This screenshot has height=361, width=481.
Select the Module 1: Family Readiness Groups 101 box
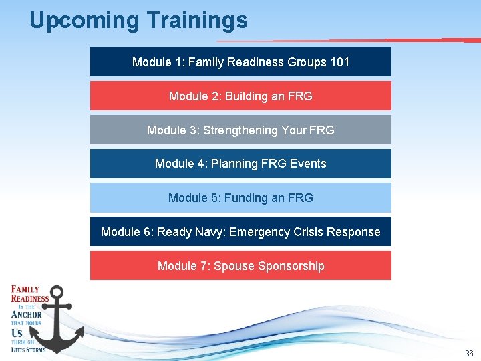click(x=240, y=62)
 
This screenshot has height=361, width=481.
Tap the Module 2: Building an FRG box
click(x=240, y=96)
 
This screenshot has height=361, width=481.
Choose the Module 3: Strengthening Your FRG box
click(x=240, y=130)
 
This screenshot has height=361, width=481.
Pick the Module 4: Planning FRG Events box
click(x=240, y=164)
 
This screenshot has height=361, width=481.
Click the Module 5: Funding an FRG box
click(x=240, y=198)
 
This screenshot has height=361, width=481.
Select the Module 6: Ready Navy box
click(x=240, y=232)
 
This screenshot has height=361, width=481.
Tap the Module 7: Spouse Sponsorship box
click(x=240, y=266)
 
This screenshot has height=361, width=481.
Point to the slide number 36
click(x=469, y=354)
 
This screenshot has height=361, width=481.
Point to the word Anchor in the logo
click(x=27, y=314)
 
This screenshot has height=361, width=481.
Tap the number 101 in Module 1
click(x=339, y=62)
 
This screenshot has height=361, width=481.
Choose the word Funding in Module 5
click(x=246, y=198)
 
